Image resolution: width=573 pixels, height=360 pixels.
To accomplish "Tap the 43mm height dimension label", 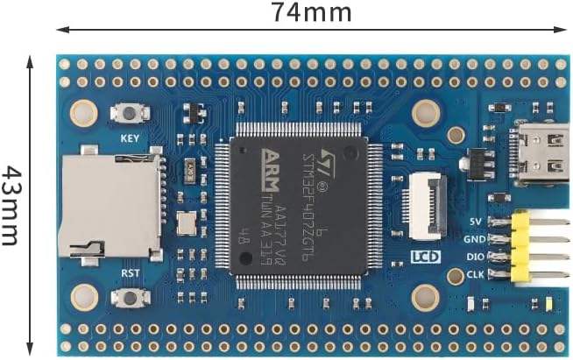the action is [11, 205].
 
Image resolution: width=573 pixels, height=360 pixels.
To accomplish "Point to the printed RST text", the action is [129, 272].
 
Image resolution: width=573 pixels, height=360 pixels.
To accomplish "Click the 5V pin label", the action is [477, 221].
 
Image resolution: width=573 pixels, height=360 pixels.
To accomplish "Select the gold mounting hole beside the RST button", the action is [84, 296].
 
